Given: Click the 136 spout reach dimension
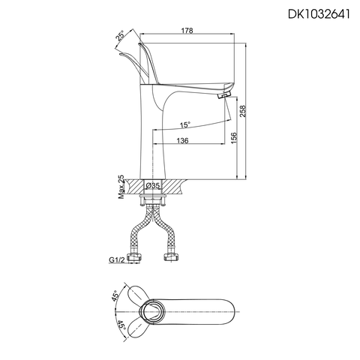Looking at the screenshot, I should click(182, 140).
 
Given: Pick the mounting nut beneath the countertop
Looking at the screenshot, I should click(153, 199).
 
